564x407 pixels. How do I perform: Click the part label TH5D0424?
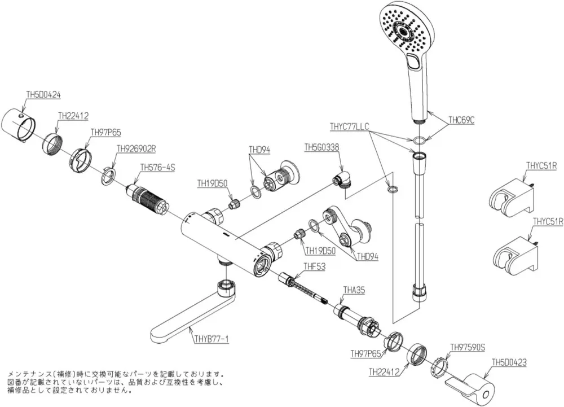[x=43, y=95]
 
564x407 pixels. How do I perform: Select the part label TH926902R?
[x=136, y=148]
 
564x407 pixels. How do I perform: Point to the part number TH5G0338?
[x=322, y=147]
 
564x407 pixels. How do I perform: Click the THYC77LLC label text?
[x=349, y=126]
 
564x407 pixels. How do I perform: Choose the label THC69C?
[x=461, y=120]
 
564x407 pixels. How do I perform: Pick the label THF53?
[x=314, y=266]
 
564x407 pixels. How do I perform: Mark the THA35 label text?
[x=354, y=290]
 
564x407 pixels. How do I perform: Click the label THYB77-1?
[x=211, y=339]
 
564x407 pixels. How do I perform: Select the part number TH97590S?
[x=468, y=347]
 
